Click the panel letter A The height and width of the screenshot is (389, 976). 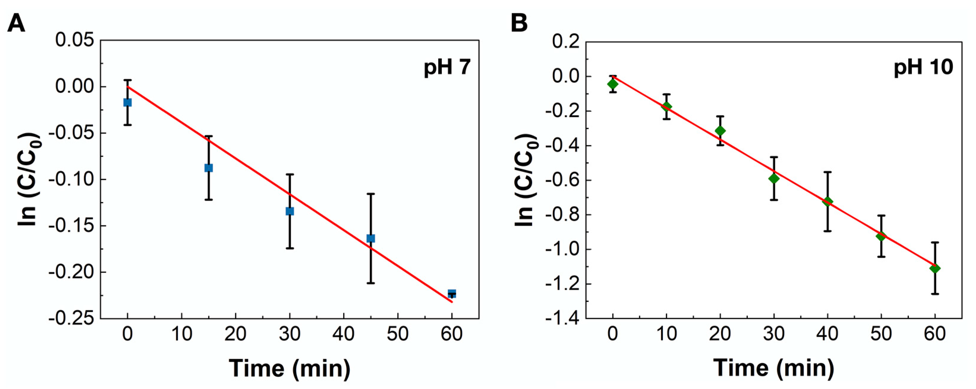coord(16,23)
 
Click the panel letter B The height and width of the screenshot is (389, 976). coord(519,23)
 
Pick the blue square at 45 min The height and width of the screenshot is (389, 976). coord(370,238)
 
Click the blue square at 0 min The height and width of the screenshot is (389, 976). coord(128,102)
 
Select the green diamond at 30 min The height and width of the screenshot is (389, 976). coord(774,178)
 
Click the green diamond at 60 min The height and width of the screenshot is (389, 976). coord(935,268)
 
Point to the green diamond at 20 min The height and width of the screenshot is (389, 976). coord(720,131)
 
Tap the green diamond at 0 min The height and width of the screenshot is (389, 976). coord(613,84)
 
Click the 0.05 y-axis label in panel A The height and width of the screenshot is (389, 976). coord(75,40)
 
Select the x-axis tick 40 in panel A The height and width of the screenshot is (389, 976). coord(343,334)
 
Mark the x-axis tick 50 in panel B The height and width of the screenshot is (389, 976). coord(881,334)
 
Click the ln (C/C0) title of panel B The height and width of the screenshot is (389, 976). coord(526,180)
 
